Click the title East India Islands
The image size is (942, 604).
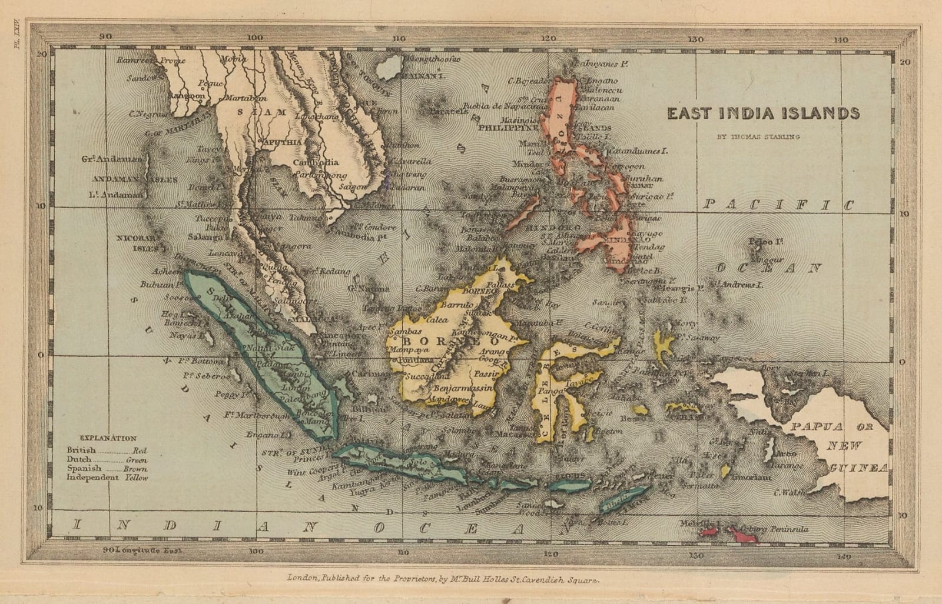763,114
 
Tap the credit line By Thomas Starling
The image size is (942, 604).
758,137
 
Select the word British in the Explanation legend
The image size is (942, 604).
81,450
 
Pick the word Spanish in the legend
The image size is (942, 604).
84,469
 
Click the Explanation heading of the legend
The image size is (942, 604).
108,438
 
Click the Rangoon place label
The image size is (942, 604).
187,95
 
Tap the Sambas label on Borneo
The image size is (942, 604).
405,332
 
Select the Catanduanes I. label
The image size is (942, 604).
639,151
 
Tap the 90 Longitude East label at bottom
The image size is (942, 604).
142,550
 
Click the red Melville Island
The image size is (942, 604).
709,532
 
